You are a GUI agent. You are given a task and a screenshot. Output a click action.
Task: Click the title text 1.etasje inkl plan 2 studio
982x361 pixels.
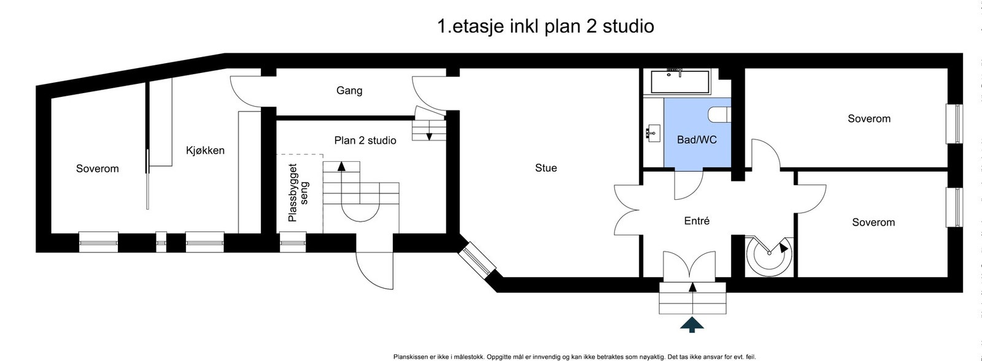pyautogui.click(x=545, y=26)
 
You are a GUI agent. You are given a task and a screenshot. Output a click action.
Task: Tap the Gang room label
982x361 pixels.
pyautogui.click(x=349, y=91)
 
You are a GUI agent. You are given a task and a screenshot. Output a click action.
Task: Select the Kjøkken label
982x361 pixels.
pyautogui.click(x=205, y=150)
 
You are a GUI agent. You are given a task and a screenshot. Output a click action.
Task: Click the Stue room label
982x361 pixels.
pyautogui.click(x=546, y=168)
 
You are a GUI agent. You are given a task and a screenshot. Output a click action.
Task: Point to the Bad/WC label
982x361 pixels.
pyautogui.click(x=697, y=140)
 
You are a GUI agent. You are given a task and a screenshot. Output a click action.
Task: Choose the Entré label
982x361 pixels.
pyautogui.click(x=697, y=221)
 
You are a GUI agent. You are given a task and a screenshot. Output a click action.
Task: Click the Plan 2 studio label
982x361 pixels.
pyautogui.click(x=365, y=140)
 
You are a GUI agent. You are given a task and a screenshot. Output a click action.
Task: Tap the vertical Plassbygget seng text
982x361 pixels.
pyautogui.click(x=298, y=192)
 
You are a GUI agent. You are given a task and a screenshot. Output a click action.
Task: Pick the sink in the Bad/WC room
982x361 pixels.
pyautogui.click(x=652, y=131)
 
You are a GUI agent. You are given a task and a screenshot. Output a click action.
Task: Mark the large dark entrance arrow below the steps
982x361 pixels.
pyautogui.click(x=692, y=325)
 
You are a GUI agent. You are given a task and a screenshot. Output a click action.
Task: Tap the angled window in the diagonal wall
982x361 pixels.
pyautogui.click(x=477, y=260)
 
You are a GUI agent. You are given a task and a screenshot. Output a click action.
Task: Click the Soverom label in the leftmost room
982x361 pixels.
pyautogui.click(x=98, y=169)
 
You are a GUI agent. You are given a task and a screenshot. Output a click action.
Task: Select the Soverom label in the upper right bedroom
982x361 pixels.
pyautogui.click(x=868, y=119)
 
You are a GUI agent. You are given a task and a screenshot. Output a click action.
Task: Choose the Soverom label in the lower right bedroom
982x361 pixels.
pyautogui.click(x=873, y=222)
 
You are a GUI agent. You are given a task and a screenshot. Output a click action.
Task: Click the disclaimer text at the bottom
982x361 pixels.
pyautogui.click(x=574, y=357)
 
